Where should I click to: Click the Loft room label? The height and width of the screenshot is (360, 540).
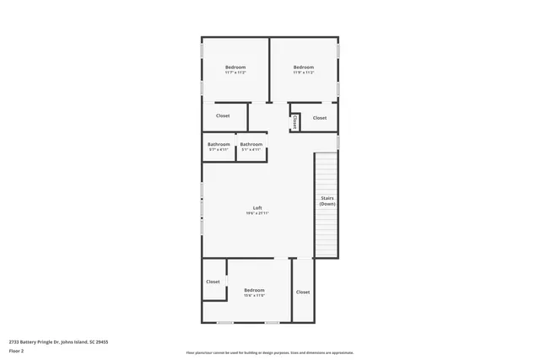coord(257,208)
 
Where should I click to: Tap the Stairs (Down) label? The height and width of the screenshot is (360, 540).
coord(327,201)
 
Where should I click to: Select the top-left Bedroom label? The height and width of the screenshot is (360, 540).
coord(235,67)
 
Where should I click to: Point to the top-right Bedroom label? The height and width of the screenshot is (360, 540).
coord(304,67)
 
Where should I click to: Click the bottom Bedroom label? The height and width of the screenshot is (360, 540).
coord(254,289)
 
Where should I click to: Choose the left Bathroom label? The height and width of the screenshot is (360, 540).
coord(219,144)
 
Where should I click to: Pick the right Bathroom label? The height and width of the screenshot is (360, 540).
coord(251,144)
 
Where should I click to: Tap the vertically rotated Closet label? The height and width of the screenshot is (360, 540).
coord(294,121)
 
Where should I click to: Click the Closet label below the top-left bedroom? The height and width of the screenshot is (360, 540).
coord(223,116)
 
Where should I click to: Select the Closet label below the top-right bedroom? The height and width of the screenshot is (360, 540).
coord(320,118)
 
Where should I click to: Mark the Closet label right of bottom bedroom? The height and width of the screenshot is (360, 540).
coord(302,292)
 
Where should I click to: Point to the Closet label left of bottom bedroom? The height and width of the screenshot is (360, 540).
coord(213,282)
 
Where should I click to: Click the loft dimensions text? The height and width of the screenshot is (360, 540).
coord(257,214)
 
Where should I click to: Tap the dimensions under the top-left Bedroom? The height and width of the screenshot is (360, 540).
coord(235,73)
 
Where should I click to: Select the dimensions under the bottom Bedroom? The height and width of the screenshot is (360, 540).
coord(254,295)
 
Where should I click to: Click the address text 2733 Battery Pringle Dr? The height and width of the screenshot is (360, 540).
coord(58,341)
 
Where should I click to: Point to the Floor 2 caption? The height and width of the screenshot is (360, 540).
coord(16,350)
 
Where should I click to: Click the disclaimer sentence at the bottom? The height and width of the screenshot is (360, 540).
coord(269,353)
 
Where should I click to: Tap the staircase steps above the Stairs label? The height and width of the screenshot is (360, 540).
coord(327,173)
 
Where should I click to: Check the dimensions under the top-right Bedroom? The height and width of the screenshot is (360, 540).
coord(304,73)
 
